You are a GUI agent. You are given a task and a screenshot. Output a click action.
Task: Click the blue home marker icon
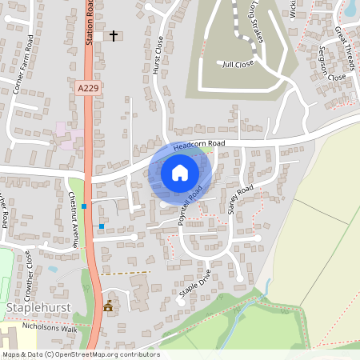click(180, 172)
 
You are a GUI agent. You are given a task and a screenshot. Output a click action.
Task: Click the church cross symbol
click(114, 36)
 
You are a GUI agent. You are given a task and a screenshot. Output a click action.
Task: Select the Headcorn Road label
click(199, 145)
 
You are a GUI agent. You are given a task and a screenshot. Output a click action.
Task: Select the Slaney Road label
click(240, 198)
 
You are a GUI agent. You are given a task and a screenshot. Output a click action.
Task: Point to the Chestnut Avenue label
click(74, 218)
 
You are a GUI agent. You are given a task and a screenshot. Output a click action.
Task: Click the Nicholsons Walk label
click(59, 329)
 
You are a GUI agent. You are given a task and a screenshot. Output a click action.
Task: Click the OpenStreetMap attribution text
click(80, 354)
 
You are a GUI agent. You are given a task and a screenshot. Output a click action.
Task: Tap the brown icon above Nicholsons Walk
click(108, 306)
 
